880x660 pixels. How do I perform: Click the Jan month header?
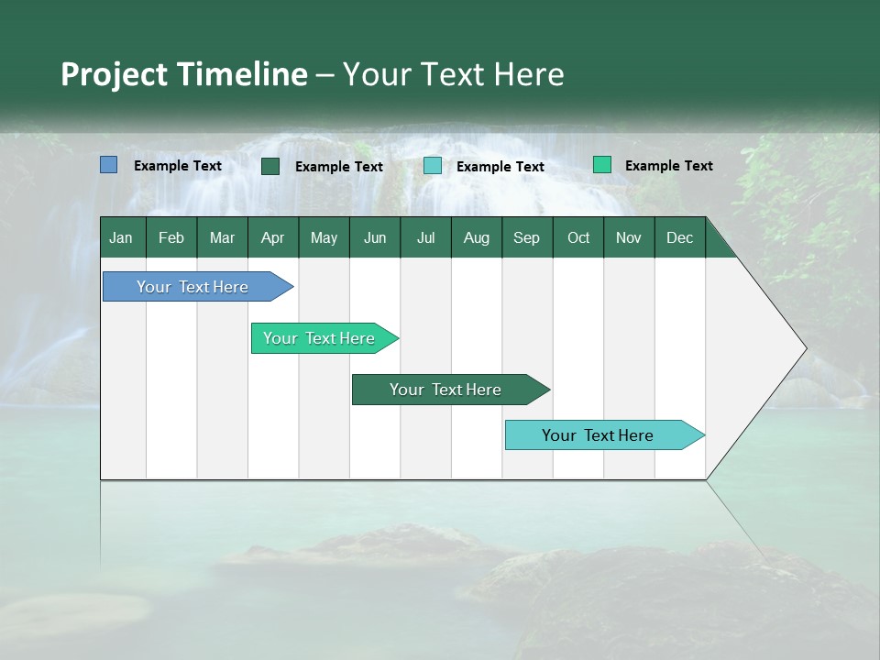(121, 237)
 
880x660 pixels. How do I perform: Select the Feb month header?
(171, 237)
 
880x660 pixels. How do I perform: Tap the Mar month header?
(222, 237)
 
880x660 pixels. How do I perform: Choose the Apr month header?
(272, 237)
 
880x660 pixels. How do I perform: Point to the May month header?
(324, 237)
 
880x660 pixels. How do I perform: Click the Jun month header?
(375, 237)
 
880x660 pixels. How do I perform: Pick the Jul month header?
(425, 237)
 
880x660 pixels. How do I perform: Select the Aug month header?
(476, 237)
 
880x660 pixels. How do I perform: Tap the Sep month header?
(526, 237)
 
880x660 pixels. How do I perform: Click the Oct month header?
(578, 237)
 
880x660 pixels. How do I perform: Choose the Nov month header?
(629, 237)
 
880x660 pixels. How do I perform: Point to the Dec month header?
(679, 237)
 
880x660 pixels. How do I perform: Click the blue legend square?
(109, 165)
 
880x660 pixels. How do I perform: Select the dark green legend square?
(270, 166)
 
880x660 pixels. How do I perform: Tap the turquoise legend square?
(433, 166)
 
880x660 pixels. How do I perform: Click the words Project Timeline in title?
(184, 74)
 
